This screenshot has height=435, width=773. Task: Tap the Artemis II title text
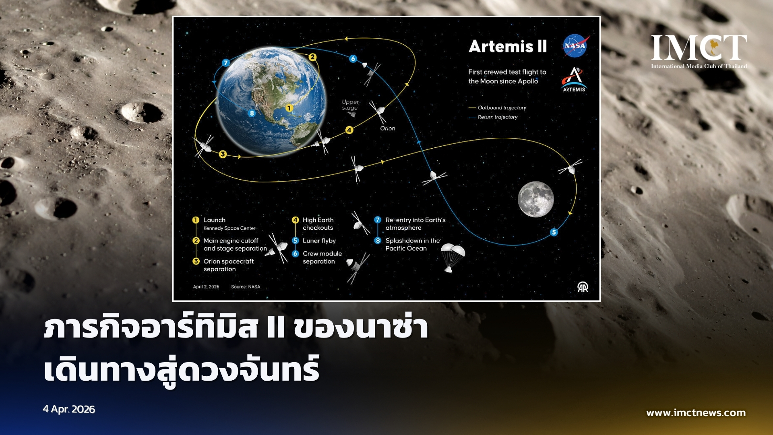508,46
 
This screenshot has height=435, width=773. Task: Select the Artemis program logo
574,79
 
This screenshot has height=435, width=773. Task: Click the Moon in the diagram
536,199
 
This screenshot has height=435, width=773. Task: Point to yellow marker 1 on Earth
289,108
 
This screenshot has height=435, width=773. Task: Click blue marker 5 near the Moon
554,232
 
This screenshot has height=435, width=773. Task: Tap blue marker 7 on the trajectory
226,62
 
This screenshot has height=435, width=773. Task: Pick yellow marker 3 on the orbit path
223,154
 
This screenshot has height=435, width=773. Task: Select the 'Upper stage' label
350,105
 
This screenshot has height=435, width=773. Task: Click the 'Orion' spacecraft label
388,128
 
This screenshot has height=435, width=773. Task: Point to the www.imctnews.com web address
696,413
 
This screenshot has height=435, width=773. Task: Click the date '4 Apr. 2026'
69,409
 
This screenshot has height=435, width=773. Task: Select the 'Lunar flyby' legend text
319,241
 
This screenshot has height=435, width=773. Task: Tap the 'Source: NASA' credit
246,287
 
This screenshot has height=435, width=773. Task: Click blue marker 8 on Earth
252,113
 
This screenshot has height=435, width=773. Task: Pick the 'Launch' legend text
215,220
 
